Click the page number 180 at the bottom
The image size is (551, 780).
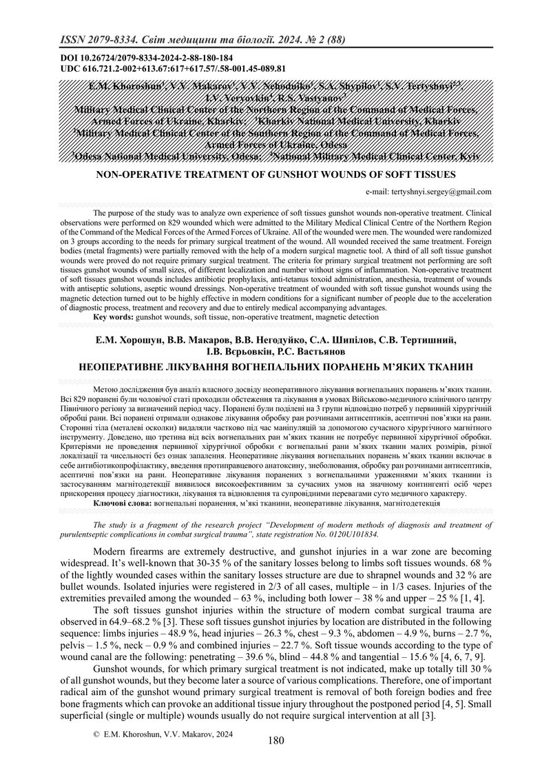(275, 741)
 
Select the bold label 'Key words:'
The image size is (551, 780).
(113, 318)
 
